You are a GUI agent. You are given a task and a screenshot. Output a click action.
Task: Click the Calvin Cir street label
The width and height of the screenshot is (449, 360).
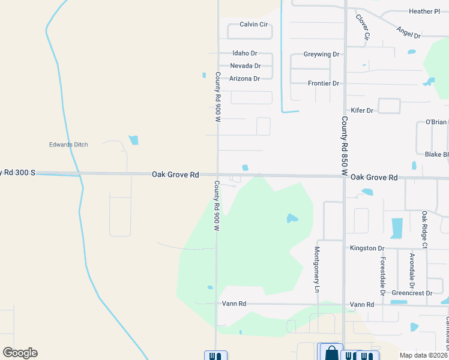[x=253, y=25]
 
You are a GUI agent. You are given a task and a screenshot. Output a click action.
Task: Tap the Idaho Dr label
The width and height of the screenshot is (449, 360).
[x=245, y=53]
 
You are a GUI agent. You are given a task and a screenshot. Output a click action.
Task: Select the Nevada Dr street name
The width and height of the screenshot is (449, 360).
[x=245, y=66]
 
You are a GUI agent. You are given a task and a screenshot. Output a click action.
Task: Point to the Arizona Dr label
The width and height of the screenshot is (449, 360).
[x=244, y=79]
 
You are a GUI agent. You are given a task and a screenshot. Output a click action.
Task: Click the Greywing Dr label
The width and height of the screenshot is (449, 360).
[x=321, y=54]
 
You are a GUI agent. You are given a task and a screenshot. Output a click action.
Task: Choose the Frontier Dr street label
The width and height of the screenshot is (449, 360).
[x=323, y=83]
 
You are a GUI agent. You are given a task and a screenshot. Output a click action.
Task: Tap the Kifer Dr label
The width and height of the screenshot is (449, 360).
[x=361, y=110]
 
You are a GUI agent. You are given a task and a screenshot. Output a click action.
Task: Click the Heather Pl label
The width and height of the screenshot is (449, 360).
[x=424, y=11]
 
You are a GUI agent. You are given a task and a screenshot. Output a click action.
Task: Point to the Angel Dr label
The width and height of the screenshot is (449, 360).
[x=408, y=32]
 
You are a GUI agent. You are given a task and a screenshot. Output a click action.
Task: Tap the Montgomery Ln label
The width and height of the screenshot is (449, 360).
[x=318, y=269]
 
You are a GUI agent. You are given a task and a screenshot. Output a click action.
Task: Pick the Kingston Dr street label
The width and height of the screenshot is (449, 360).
[x=367, y=248]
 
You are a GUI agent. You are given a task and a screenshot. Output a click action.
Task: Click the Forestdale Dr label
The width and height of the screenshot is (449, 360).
[x=382, y=277]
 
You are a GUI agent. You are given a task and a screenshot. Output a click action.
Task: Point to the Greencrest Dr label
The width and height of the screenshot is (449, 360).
[x=412, y=293]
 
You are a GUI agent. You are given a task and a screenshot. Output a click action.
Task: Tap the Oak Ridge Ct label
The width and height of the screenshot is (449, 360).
[x=424, y=229]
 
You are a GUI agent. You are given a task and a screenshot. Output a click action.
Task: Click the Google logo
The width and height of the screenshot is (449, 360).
[x=20, y=353]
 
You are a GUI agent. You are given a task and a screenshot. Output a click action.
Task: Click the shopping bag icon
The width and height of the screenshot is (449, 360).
[x=331, y=353]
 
